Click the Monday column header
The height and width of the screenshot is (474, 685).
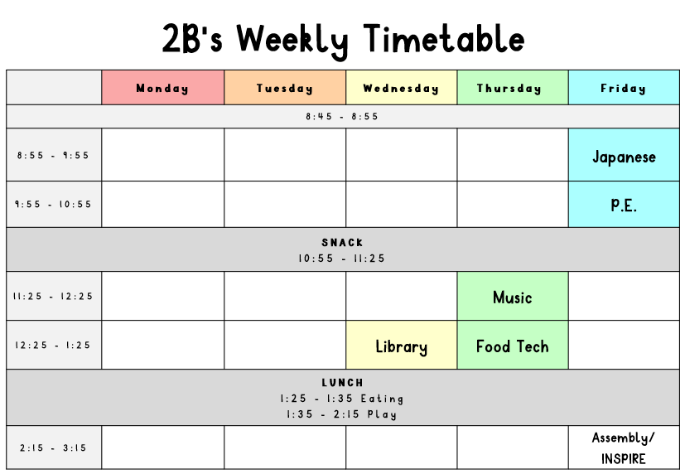(162, 87)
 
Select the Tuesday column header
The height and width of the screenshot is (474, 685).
(285, 87)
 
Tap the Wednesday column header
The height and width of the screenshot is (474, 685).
(402, 87)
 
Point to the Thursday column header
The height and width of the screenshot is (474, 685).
(513, 87)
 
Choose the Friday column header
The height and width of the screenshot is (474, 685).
(624, 87)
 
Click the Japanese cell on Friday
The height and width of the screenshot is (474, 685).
(624, 155)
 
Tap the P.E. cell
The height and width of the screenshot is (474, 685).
(624, 204)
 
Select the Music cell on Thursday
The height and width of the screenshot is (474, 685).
(513, 296)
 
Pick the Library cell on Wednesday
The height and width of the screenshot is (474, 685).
(402, 345)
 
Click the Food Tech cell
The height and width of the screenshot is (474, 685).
(513, 345)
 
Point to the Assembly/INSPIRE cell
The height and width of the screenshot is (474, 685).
(624, 447)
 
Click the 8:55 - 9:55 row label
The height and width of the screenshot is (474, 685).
(53, 155)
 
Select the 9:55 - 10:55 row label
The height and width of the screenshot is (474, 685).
(53, 204)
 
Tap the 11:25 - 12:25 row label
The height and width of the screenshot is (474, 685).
(53, 296)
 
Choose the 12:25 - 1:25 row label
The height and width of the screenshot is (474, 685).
(53, 345)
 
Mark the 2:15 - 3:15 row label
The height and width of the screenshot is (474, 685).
(53, 447)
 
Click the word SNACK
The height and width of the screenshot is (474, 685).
(343, 243)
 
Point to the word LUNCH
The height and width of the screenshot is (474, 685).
(343, 383)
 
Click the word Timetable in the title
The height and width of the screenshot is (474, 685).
(444, 38)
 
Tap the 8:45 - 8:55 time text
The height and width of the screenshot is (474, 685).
(342, 117)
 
